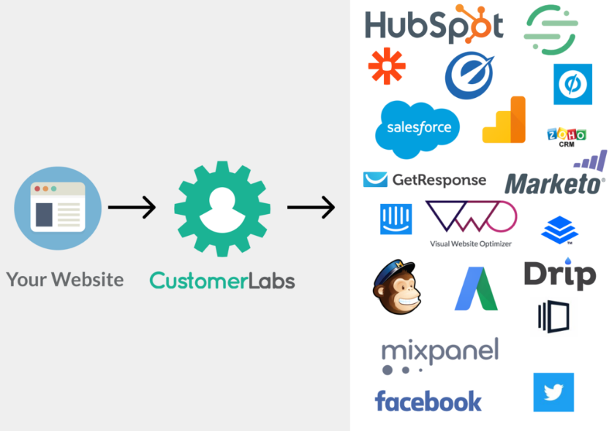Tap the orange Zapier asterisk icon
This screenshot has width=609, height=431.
point(387,66)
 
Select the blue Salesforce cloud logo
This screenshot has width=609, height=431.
point(417,129)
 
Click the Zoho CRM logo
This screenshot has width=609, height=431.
point(567,137)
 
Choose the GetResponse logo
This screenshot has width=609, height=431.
point(424,180)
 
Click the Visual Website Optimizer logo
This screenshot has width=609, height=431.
point(471,223)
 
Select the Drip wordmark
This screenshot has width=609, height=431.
point(559,275)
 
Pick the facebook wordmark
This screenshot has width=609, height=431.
point(428,400)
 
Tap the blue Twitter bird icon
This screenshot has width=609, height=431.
point(553,392)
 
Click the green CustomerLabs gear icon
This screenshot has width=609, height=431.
point(222,208)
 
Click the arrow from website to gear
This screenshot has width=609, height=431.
point(132,207)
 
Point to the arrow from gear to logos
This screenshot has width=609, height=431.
point(311,208)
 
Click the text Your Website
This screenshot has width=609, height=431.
point(65,279)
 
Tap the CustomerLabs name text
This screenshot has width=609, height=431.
point(222,280)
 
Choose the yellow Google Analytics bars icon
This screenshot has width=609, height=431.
point(504,121)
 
